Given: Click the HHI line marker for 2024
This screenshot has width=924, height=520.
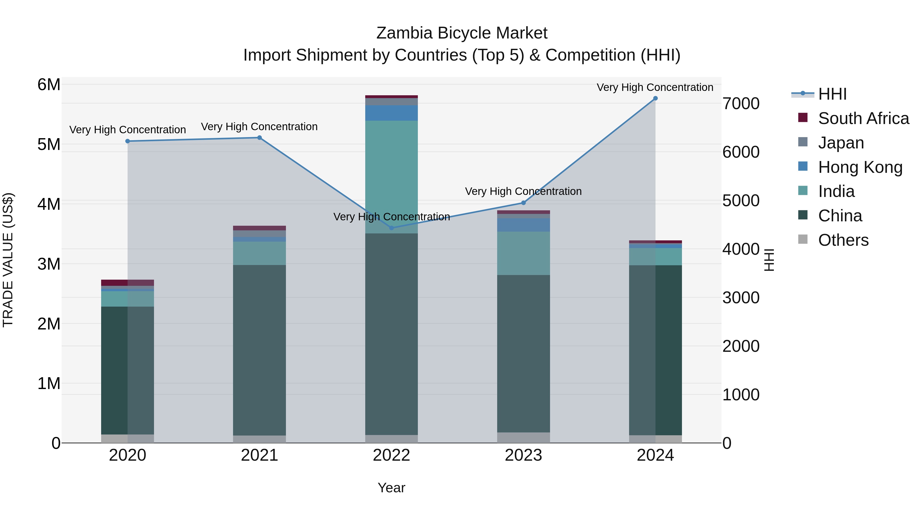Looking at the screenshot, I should click(655, 98).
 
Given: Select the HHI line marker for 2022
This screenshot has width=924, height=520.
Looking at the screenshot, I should click(391, 228).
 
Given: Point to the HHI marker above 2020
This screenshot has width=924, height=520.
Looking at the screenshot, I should click(128, 141).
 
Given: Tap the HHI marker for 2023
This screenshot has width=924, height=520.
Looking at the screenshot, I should click(523, 203).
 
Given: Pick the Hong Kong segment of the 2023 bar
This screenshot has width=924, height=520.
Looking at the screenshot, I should click(523, 225).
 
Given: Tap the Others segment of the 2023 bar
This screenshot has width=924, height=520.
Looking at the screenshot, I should click(523, 438).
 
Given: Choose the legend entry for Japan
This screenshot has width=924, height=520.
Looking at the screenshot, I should click(841, 143).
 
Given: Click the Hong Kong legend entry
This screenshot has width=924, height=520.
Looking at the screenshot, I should click(860, 167).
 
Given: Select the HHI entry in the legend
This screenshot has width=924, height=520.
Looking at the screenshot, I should click(832, 94).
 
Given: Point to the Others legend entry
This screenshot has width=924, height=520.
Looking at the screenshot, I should click(843, 240).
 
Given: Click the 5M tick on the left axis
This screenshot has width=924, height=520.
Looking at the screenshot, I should click(49, 145).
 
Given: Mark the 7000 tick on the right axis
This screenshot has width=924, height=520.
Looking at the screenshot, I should click(741, 104).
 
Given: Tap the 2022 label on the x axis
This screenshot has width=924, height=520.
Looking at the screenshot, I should click(391, 455).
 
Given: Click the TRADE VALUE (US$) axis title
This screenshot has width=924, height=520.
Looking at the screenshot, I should click(8, 260).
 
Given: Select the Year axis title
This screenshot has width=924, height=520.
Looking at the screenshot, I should click(391, 488).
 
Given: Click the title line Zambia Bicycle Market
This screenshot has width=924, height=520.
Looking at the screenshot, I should click(462, 33).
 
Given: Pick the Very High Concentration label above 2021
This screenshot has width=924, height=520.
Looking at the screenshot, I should click(259, 127).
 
